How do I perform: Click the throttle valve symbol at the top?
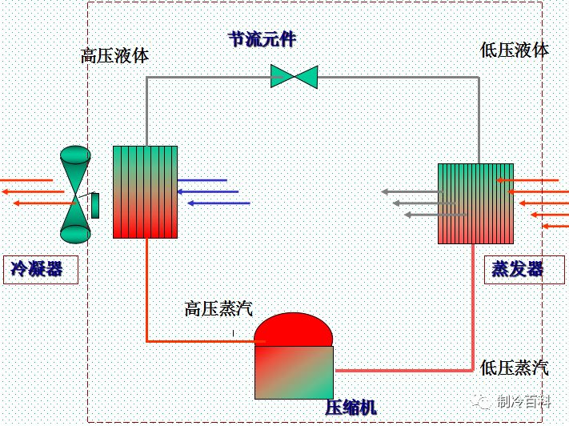(294, 77)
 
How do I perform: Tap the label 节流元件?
(262, 38)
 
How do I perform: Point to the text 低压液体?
(515, 50)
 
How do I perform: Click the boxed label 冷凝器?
(37, 269)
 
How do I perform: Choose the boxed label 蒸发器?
(518, 269)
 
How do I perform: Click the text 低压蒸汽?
(515, 368)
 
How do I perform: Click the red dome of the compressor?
(293, 329)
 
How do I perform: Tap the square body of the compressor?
(294, 372)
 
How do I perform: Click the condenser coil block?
(145, 192)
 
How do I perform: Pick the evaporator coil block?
(475, 203)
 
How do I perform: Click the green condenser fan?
(75, 195)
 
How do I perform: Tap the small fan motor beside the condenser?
(95, 205)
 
